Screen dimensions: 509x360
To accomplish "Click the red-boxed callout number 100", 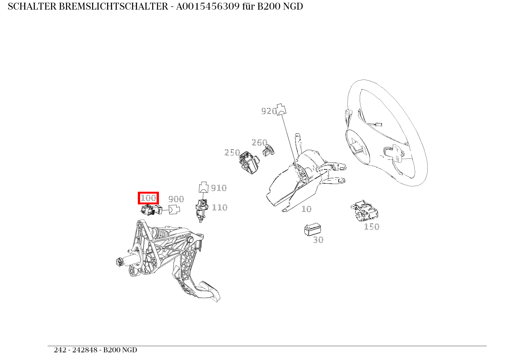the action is [x=148, y=198].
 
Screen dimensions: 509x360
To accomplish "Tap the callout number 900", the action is [x=176, y=199].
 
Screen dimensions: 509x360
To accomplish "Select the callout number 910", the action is [x=219, y=188].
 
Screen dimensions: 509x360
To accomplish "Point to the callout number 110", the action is [x=220, y=207].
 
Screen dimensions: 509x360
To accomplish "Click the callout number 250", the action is [x=232, y=153].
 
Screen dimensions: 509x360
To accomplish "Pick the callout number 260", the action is [x=259, y=143].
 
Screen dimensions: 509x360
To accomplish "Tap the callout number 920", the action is [x=269, y=111].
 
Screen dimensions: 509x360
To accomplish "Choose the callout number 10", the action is [x=306, y=209].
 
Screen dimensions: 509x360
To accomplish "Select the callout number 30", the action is [x=318, y=240].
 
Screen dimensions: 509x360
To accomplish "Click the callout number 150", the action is [x=372, y=227].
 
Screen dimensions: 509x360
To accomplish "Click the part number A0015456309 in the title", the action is [x=208, y=7].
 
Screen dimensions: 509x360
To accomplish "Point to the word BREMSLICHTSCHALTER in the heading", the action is [x=113, y=7].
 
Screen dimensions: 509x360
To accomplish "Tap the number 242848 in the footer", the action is [x=85, y=350].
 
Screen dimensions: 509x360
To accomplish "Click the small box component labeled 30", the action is [x=312, y=229].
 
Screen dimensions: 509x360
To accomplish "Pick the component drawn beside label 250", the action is [x=249, y=163].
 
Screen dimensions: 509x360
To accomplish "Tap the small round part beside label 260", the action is [x=269, y=151].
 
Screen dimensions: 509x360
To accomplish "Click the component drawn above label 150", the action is [x=365, y=211].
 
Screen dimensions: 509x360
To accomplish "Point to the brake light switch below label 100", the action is [x=151, y=210].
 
